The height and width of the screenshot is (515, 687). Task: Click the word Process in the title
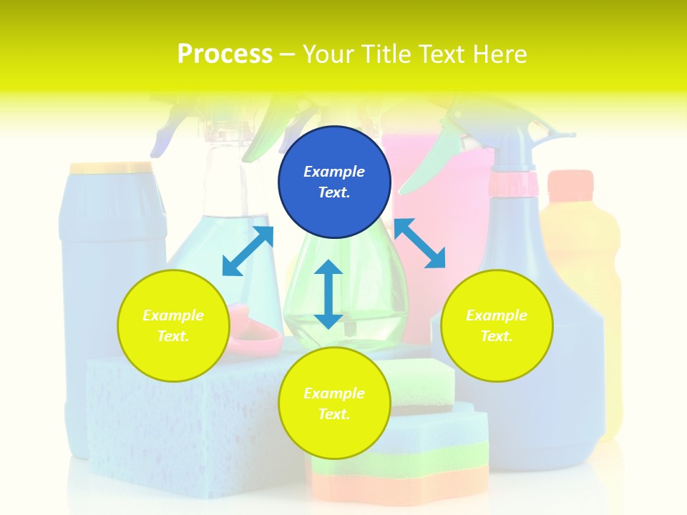click(225, 54)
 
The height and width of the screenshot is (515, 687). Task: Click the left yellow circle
click(173, 325)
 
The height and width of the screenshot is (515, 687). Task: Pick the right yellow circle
click(497, 325)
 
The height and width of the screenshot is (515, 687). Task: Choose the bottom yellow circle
click(334, 403)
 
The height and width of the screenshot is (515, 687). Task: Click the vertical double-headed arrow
click(328, 294)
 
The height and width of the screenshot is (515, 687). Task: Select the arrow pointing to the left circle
click(248, 251)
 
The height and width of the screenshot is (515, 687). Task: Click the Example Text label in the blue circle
click(334, 182)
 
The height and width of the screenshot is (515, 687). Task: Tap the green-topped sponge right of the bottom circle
click(422, 383)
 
